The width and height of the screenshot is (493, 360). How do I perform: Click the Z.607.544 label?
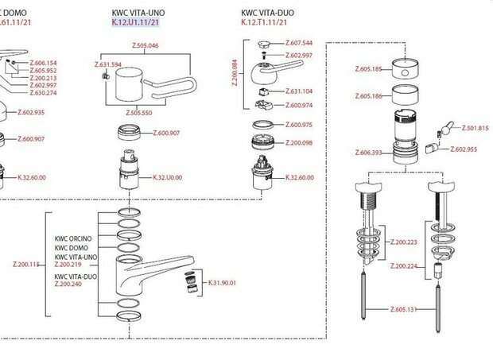pyautogui.click(x=297, y=42)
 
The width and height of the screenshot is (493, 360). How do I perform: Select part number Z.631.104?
pyautogui.click(x=298, y=91)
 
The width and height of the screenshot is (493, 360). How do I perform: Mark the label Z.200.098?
pyautogui.click(x=298, y=142)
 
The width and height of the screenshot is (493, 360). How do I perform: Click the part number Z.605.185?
pyautogui.click(x=370, y=70)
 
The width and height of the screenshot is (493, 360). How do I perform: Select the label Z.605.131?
pyautogui.click(x=406, y=308)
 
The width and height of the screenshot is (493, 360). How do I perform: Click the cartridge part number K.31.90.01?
pyautogui.click(x=222, y=283)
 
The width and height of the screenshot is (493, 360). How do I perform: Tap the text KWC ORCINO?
pyautogui.click(x=73, y=238)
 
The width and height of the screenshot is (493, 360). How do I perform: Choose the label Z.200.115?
pyautogui.click(x=28, y=264)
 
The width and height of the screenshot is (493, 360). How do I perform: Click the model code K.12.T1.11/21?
pyautogui.click(x=264, y=25)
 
